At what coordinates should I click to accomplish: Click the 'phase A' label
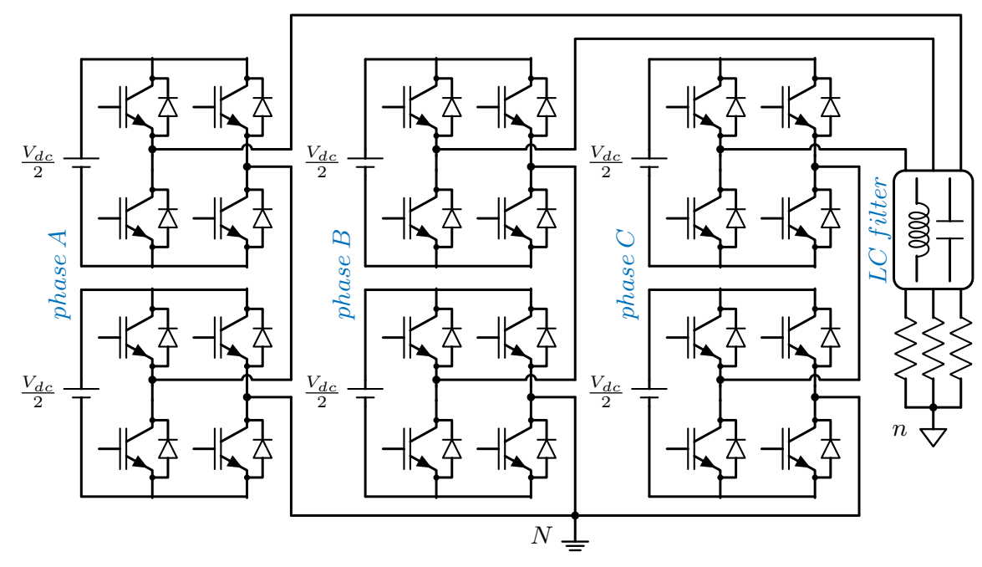pyautogui.click(x=61, y=275)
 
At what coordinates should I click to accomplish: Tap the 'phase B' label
pyautogui.click(x=344, y=275)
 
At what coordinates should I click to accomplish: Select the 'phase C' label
pyautogui.click(x=628, y=275)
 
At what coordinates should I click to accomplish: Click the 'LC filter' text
pyautogui.click(x=880, y=229)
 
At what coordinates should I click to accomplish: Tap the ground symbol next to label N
pyautogui.click(x=575, y=544)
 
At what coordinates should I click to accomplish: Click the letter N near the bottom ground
pyautogui.click(x=542, y=535)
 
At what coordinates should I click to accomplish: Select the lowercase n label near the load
pyautogui.click(x=898, y=430)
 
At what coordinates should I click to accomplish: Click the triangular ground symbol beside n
pyautogui.click(x=933, y=437)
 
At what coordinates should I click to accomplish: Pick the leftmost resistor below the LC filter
pyautogui.click(x=906, y=352)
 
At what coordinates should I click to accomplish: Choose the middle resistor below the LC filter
pyautogui.click(x=933, y=352)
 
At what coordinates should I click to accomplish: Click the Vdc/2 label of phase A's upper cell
pyautogui.click(x=38, y=162)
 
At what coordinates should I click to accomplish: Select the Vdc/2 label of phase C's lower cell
pyautogui.click(x=605, y=391)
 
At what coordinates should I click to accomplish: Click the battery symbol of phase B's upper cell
pyautogui.click(x=365, y=162)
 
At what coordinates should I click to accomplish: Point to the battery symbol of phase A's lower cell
pyautogui.click(x=81, y=391)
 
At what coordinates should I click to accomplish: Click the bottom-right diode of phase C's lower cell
pyautogui.click(x=830, y=448)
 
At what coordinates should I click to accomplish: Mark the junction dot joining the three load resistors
pyautogui.click(x=933, y=407)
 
